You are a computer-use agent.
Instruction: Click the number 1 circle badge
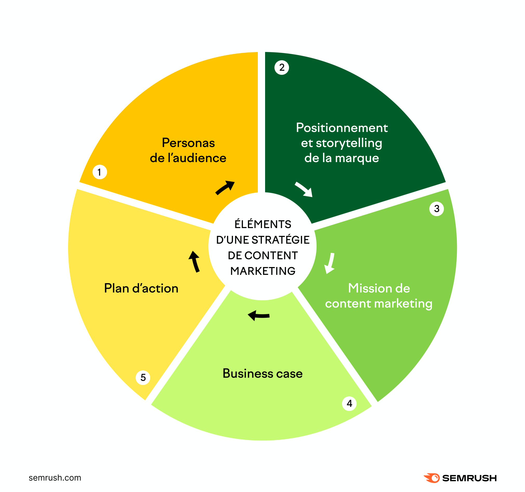coord(100,172)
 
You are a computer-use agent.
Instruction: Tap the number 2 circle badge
coord(281,68)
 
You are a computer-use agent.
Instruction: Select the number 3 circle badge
coord(437,209)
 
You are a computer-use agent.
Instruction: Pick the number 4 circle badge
coord(349,403)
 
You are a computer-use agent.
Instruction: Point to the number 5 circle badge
coord(143,377)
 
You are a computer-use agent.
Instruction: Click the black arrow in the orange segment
coord(225,188)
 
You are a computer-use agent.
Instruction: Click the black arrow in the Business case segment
coord(259,315)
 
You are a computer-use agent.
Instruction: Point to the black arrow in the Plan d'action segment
coord(195,261)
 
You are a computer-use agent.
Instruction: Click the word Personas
coord(188,143)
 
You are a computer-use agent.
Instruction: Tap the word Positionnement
coord(342,128)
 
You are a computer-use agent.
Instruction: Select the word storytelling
coord(349,143)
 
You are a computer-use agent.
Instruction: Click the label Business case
coord(262,374)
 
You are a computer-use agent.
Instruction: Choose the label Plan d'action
coord(141,288)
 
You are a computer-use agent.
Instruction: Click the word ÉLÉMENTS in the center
coord(263,224)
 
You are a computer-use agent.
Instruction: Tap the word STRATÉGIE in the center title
coord(280,240)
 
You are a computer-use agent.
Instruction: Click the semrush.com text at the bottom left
coord(55,478)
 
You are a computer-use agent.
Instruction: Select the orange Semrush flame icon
coord(431,478)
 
